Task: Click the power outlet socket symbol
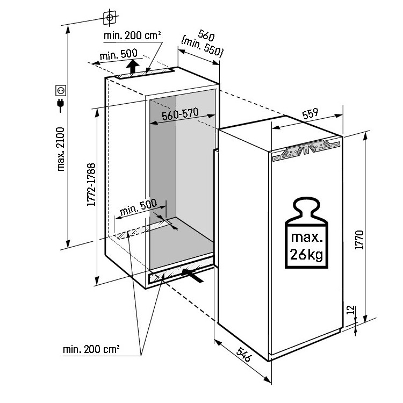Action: [60, 90]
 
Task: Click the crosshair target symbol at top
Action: [110, 17]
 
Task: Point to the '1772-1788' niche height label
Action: [92, 185]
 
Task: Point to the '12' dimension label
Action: [350, 310]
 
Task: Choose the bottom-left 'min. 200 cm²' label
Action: [91, 349]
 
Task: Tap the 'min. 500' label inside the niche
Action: [138, 207]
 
